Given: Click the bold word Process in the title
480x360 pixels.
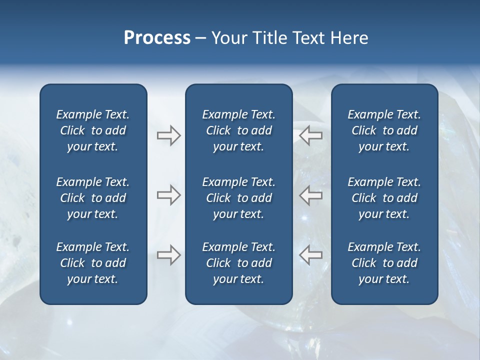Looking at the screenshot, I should (157, 38).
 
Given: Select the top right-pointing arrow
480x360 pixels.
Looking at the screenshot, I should (168, 135).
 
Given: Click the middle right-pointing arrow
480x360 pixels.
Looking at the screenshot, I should (168, 195).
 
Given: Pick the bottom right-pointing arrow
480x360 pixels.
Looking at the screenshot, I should (168, 255).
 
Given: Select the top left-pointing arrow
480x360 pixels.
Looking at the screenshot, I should (310, 135).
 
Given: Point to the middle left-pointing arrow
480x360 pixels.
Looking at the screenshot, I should (310, 195).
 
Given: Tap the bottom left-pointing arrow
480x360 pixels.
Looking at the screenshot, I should (310, 255).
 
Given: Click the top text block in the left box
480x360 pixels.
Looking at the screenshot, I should (93, 130).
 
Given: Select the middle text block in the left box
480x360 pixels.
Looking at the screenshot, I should (93, 198).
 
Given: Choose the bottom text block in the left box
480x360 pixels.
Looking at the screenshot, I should (93, 263).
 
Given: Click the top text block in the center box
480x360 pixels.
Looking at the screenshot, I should (238, 130).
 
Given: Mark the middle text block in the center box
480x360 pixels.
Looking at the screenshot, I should (238, 198).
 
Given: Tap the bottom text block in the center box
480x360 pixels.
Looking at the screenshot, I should (238, 263).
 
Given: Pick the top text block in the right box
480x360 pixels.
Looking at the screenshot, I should (384, 130).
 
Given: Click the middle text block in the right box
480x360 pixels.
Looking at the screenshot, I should (384, 198).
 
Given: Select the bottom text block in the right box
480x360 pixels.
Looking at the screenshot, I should (384, 263).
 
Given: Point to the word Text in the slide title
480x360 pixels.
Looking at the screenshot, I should (309, 38).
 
